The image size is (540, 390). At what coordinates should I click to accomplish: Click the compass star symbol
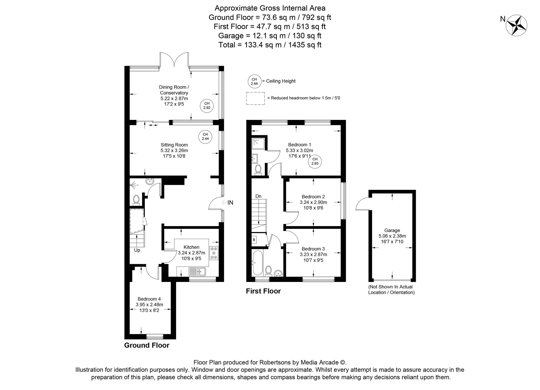(x=517, y=25)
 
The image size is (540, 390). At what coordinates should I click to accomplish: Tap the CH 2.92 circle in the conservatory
(x=207, y=105)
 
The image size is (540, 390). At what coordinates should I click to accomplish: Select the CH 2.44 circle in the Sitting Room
(x=205, y=136)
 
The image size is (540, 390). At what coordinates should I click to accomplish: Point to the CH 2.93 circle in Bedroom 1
(x=315, y=161)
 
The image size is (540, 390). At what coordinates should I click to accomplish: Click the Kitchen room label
(x=191, y=247)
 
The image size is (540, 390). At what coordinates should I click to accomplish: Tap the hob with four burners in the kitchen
(x=214, y=253)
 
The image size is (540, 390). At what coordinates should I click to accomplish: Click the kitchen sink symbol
(x=197, y=271)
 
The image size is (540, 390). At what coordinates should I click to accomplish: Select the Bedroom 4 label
(x=149, y=299)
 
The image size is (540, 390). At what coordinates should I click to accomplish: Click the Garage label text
(x=392, y=230)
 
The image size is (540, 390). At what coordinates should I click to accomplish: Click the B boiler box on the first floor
(x=254, y=240)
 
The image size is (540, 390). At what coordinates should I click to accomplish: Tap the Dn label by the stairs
(x=258, y=196)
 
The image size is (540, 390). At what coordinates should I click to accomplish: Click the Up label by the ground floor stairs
(x=137, y=250)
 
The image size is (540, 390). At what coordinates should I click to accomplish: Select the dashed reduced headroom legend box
(x=255, y=98)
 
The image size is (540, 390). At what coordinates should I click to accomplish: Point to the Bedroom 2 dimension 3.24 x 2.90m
(x=313, y=202)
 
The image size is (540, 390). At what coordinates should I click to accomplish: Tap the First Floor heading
(x=263, y=291)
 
